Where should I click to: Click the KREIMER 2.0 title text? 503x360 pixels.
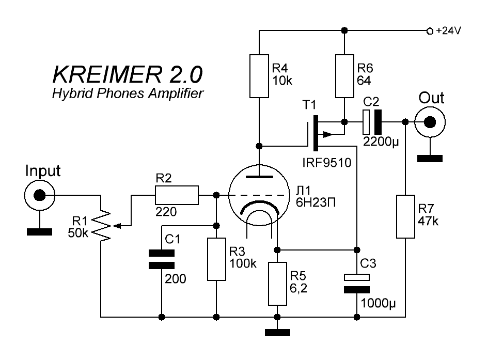pyautogui.click(x=128, y=75)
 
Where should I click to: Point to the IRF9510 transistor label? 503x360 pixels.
pyautogui.click(x=326, y=163)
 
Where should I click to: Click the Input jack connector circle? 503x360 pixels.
pyautogui.click(x=39, y=196)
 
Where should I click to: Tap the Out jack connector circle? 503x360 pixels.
pyautogui.click(x=430, y=122)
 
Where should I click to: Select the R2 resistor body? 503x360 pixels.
pyautogui.click(x=177, y=195)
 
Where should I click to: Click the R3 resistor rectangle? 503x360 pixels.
pyautogui.click(x=216, y=259)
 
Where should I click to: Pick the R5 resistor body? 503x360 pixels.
pyautogui.click(x=277, y=284)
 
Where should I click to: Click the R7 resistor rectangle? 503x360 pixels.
pyautogui.click(x=405, y=216)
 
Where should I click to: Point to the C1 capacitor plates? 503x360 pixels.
pyautogui.click(x=161, y=259)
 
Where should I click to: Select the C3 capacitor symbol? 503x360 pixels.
pyautogui.click(x=356, y=283)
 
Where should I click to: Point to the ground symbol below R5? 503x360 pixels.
pyautogui.click(x=277, y=333)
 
